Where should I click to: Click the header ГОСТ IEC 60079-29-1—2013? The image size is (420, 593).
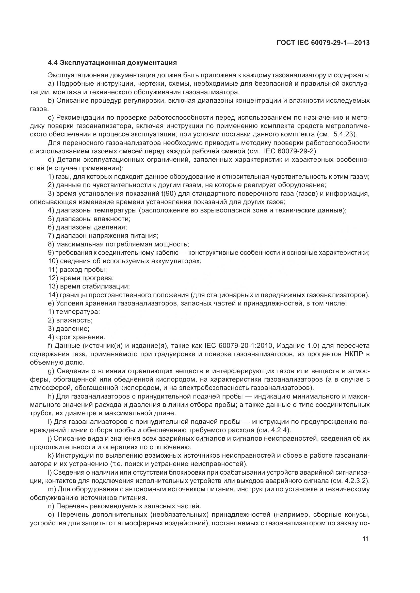(323, 43)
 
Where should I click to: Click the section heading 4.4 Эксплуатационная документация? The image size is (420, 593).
(112, 63)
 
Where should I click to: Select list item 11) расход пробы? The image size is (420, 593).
(78, 270)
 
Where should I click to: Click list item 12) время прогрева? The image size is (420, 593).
(81, 278)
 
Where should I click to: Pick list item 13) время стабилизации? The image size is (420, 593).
(89, 286)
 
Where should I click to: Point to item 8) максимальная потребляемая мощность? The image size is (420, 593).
(118, 244)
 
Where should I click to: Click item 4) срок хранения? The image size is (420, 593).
(76, 337)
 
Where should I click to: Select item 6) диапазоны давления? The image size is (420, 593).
(87, 227)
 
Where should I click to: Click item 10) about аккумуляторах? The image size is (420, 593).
(125, 261)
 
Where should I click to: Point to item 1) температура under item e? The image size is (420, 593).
(74, 312)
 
